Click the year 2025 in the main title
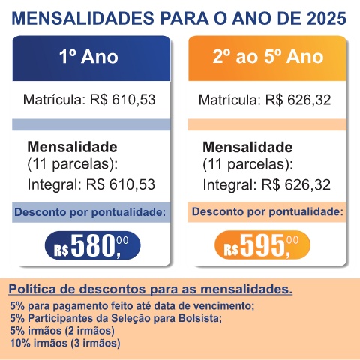point(326,19)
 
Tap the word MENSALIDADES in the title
point(83,19)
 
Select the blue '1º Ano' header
point(91,58)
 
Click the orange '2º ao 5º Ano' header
point(267,58)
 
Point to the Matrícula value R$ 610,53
point(123,100)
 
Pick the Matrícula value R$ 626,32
point(298,100)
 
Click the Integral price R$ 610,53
point(121,184)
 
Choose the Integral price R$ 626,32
point(296,184)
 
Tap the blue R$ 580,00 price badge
point(92,245)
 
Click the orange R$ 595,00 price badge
point(262,245)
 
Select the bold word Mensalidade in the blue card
point(72,147)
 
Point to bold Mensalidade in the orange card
point(247,147)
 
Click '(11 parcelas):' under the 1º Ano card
point(73,164)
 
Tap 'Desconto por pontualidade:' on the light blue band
point(90,212)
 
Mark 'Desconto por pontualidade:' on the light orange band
point(268,212)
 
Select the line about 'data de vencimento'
point(132,306)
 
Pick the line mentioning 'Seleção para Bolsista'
point(116,318)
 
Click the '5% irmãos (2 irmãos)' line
point(62,331)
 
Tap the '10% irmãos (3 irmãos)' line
point(65,343)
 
